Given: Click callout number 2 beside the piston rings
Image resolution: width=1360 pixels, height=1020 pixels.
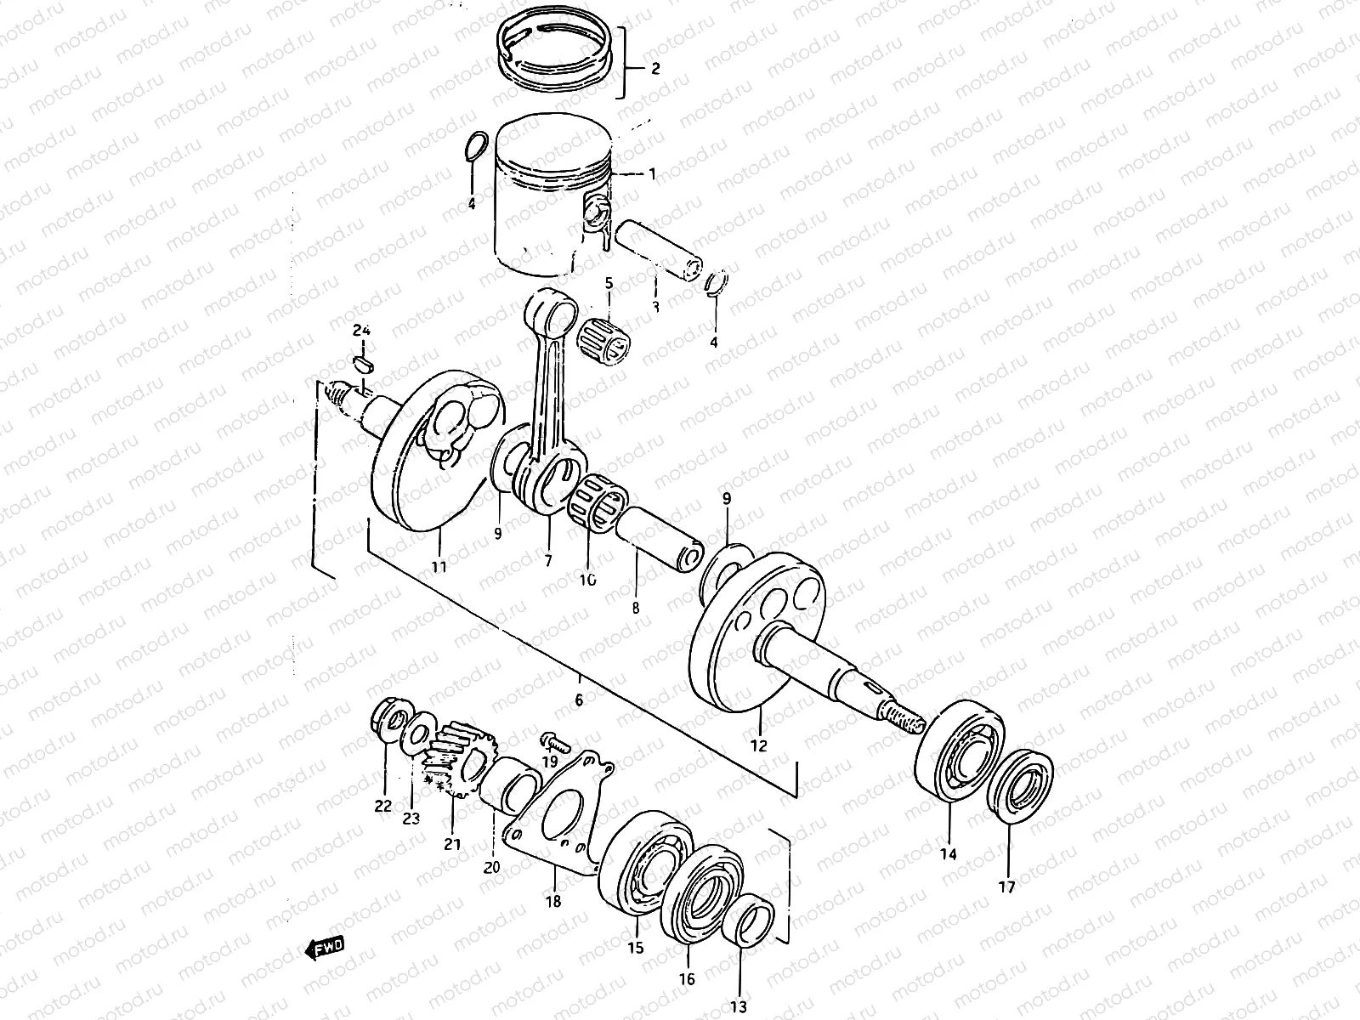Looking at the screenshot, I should pyautogui.click(x=654, y=70).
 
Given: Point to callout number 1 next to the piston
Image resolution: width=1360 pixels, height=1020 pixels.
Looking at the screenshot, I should pyautogui.click(x=652, y=174).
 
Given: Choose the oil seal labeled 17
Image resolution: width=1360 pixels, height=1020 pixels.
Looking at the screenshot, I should pyautogui.click(x=1025, y=786).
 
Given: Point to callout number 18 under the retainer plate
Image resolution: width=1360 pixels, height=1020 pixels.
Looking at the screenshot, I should pyautogui.click(x=553, y=902).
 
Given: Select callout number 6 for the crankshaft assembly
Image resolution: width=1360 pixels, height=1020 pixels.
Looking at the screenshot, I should pyautogui.click(x=579, y=701).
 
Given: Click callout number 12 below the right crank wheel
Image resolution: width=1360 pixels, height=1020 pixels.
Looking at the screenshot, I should pyautogui.click(x=758, y=746).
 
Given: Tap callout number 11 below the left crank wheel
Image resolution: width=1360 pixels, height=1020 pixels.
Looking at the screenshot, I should pyautogui.click(x=439, y=565).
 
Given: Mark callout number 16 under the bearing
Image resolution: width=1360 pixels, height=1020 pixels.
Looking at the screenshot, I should pyautogui.click(x=687, y=979).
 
